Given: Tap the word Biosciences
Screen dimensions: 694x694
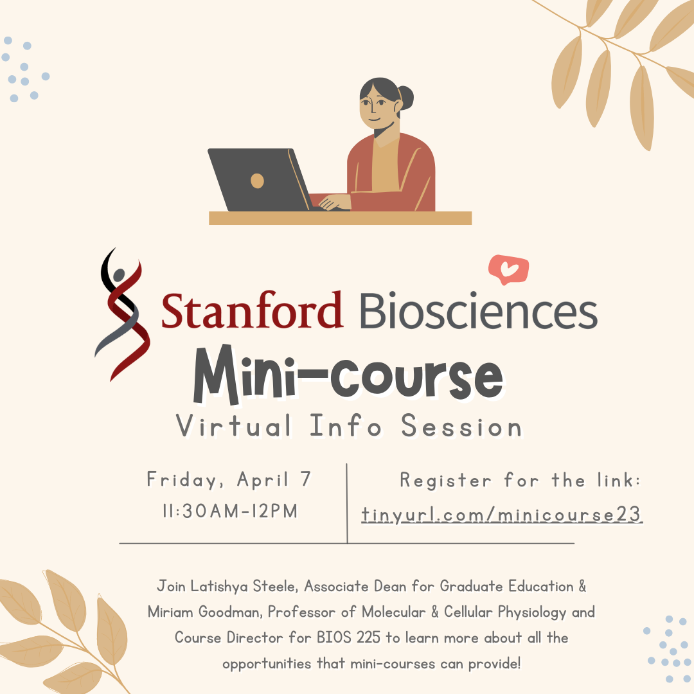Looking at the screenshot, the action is point(479,310).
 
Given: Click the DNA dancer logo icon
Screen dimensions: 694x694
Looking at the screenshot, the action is point(122,314).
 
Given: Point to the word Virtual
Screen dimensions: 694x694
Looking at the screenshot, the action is point(234,425).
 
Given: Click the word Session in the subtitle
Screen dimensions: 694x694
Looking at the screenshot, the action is point(461,425).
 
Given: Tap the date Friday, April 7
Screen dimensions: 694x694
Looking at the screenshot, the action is point(229,480).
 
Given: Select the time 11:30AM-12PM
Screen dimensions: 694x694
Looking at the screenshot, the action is point(230,511).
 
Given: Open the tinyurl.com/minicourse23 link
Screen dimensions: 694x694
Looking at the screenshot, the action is point(501,515).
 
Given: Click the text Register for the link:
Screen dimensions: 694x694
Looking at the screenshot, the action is point(520,480).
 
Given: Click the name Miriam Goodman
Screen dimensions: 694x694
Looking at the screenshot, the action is point(206,612).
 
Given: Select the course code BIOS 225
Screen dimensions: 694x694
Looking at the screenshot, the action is point(349,637).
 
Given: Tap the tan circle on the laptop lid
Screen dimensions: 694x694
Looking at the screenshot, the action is point(257,181).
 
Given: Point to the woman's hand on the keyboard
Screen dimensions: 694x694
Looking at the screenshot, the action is point(335,202).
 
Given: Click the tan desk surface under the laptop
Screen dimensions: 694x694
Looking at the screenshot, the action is point(340,218).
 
